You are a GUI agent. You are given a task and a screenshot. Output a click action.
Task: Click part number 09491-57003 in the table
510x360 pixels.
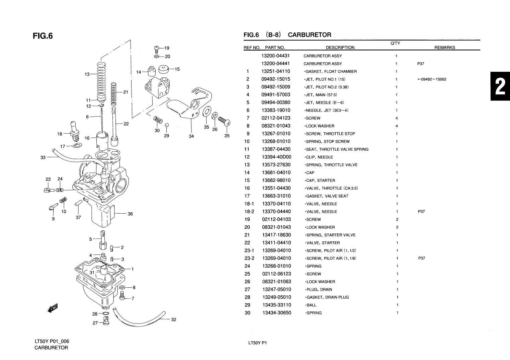276,95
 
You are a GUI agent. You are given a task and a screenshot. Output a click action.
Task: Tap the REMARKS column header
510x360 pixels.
444,48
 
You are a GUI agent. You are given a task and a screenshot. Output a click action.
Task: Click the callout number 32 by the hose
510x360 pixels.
173,319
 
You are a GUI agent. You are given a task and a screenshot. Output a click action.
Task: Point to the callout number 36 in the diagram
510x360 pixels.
130,214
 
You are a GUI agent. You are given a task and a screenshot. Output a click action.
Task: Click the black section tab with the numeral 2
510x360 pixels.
500,86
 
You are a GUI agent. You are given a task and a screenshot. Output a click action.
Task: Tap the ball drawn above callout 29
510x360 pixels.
167,125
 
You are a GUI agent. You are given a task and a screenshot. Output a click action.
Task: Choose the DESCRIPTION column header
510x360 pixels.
340,48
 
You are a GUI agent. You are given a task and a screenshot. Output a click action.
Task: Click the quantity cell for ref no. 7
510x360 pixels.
397,118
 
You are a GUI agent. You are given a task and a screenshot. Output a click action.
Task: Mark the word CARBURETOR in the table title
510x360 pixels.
310,35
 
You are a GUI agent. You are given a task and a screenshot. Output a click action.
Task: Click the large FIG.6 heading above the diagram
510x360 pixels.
43,35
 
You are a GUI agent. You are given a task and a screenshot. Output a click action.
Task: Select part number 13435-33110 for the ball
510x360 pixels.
276,305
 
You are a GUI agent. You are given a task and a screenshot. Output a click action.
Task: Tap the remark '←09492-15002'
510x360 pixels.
432,79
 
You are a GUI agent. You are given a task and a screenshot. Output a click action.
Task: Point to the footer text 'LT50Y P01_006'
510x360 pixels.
52,341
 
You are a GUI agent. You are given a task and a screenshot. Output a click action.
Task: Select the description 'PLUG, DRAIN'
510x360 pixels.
319,290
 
